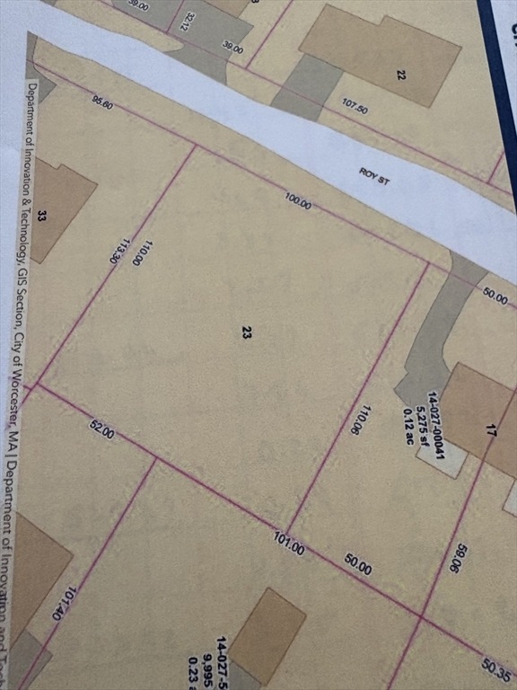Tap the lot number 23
click(x=245, y=333)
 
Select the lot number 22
click(x=401, y=75)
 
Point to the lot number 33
click(x=42, y=216)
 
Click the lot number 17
click(x=490, y=431)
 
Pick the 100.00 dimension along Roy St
click(x=299, y=202)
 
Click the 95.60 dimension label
click(x=102, y=102)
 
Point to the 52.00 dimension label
click(x=101, y=429)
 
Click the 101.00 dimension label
click(x=289, y=544)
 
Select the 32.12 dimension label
click(x=187, y=21)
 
